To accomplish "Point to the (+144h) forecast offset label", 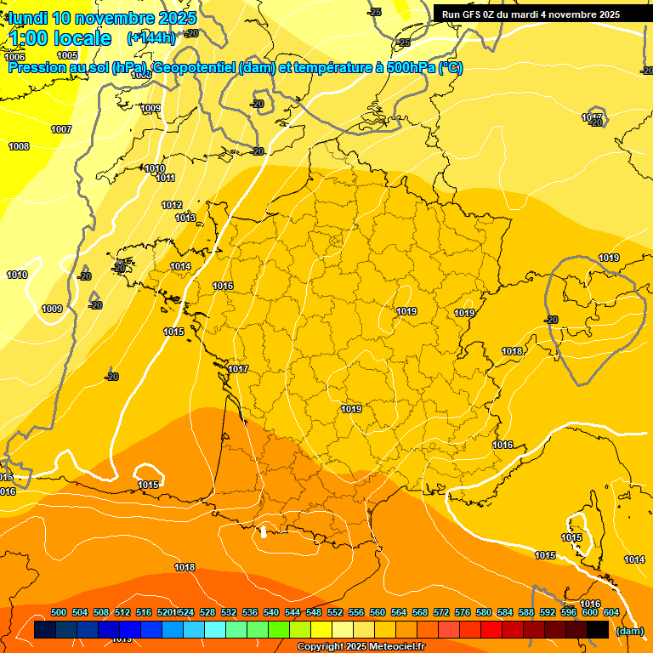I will point(150,38).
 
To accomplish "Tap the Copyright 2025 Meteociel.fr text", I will point(361,647).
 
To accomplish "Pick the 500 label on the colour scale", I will point(59,612).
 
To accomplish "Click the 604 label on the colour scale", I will point(610,612).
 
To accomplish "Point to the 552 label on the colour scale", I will point(335,612).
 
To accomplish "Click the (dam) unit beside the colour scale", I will point(629,631).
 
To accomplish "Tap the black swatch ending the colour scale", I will point(598,630).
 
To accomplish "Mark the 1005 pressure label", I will point(67,56).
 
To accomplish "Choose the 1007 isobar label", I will point(61,129).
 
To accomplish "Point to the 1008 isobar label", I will point(19,146).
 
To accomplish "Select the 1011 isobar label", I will point(165,178).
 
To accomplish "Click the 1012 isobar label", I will point(172,205).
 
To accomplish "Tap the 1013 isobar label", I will point(185,218).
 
